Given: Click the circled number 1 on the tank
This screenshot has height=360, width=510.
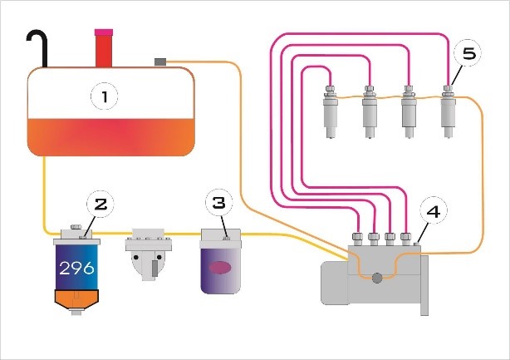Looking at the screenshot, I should coord(104,97).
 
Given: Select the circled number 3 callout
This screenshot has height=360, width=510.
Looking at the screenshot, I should coord(218,203).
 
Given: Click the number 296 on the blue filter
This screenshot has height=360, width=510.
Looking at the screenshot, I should coord(77,269).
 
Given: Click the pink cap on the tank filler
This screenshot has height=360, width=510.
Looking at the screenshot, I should coord(104,33).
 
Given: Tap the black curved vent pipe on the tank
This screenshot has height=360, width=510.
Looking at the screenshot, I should coord(38,46).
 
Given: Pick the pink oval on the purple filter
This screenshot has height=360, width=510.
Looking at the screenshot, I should coord(221,268).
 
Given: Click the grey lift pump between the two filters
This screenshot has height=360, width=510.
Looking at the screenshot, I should coord(148,258).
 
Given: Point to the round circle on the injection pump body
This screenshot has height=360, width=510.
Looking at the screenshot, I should coord(379,279).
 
